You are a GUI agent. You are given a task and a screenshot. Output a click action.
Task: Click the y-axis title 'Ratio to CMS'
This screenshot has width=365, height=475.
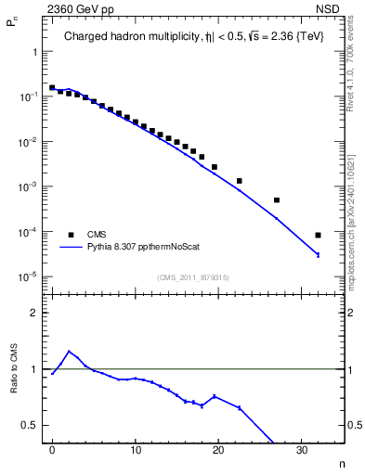16,367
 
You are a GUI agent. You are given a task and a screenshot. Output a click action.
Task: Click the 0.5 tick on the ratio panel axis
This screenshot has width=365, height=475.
30,425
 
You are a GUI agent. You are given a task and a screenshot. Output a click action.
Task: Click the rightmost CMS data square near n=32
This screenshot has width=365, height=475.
318,235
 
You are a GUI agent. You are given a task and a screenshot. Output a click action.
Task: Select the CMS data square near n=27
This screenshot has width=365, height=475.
277,200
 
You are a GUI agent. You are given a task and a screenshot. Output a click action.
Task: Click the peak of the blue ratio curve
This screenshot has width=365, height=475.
69,351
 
